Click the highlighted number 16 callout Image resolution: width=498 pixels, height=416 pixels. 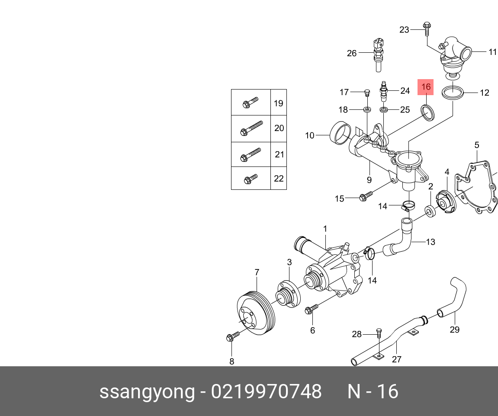pos(426,87)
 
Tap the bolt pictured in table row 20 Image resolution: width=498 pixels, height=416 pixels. pos(251,128)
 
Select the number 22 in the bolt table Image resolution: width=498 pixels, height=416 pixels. pos(279,178)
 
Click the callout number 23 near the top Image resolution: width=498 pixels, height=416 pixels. pos(404,29)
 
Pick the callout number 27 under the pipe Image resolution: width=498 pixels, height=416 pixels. pos(397,359)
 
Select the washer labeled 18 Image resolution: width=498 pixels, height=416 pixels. pos(367,109)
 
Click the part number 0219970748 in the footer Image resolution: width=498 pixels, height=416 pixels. pos(266,392)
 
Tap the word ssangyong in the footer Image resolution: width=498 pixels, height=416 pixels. pos(147,392)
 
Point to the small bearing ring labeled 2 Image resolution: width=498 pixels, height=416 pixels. pos(430,211)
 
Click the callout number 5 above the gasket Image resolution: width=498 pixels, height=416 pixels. pos(477,145)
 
